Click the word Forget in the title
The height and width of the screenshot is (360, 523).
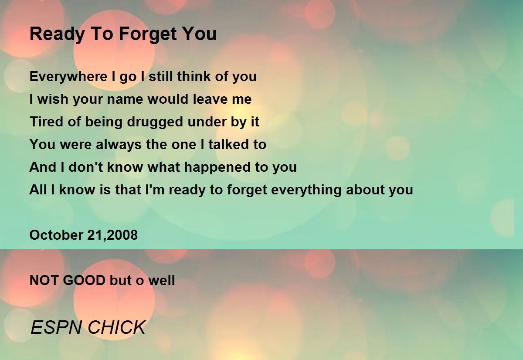click(148, 34)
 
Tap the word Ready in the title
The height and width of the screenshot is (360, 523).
click(57, 34)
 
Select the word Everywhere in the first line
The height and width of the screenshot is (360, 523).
click(68, 77)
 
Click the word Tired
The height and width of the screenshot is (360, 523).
click(47, 122)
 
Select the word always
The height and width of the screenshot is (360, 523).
click(119, 145)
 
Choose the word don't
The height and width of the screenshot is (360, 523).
click(85, 167)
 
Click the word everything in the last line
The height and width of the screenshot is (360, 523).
click(306, 190)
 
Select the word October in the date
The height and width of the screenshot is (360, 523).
click(56, 235)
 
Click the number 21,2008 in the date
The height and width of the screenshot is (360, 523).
click(112, 235)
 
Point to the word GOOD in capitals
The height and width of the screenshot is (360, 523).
click(84, 280)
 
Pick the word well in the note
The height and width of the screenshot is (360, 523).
click(162, 280)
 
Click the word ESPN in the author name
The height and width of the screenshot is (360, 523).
click(56, 327)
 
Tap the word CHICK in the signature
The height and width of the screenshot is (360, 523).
click(117, 327)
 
